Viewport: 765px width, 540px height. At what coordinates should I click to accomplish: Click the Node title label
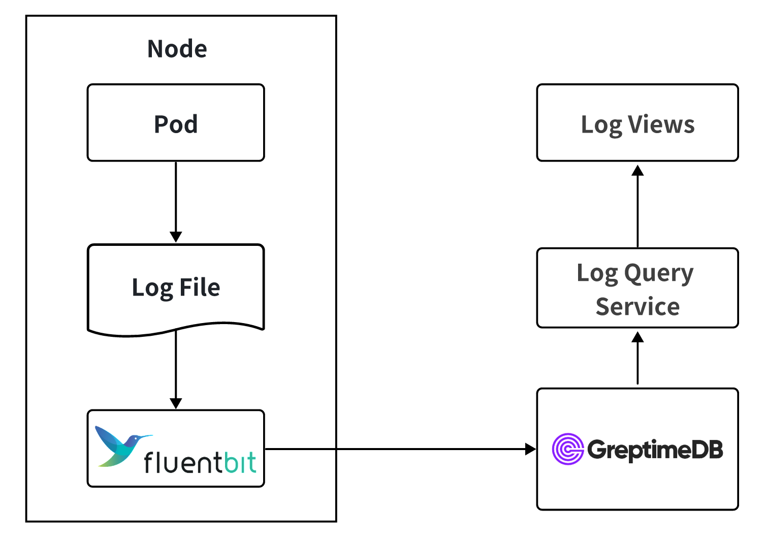(x=177, y=49)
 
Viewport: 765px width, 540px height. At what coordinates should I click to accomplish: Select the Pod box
(x=176, y=123)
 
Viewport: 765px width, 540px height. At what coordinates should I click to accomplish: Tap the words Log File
(x=176, y=288)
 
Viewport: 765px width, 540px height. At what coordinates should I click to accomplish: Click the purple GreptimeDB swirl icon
(x=567, y=449)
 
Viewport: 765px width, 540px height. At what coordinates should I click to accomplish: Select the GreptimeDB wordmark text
(x=655, y=450)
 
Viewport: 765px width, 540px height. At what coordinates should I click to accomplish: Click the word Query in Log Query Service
(x=658, y=274)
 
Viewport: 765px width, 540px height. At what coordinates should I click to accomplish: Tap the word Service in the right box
(x=637, y=307)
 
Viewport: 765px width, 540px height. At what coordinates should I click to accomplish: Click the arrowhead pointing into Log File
(x=176, y=237)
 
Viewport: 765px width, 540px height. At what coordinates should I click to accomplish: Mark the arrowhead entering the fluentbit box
(x=176, y=403)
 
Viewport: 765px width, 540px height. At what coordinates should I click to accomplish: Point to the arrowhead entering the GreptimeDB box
(x=530, y=449)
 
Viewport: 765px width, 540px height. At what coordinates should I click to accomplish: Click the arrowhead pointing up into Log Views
(x=637, y=170)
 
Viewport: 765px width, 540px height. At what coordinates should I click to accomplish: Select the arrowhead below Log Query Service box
(x=637, y=337)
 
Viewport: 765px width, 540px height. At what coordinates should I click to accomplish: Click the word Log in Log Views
(x=601, y=124)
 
